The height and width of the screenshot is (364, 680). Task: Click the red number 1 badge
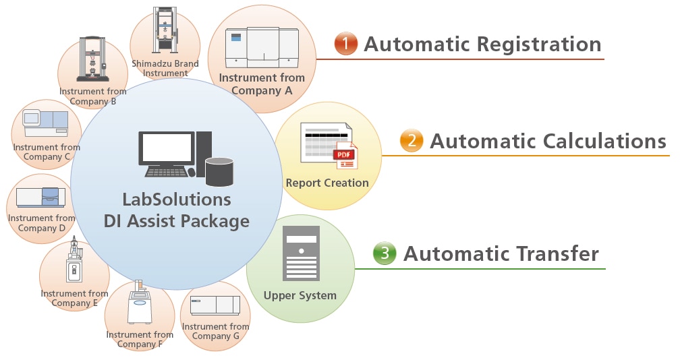[x=346, y=44]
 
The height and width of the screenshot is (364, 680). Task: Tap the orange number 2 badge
[x=411, y=141]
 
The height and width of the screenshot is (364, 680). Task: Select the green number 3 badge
[x=385, y=253]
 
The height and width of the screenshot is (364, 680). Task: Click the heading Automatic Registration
[x=482, y=44]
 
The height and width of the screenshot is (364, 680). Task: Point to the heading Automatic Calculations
[x=548, y=141]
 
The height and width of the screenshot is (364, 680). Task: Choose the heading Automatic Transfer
[x=501, y=253]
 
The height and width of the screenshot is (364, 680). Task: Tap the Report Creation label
[x=327, y=183]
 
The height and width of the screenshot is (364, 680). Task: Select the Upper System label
[x=300, y=295]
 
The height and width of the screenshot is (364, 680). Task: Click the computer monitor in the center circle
[x=165, y=148]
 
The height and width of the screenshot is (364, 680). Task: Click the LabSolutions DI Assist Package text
[x=177, y=210]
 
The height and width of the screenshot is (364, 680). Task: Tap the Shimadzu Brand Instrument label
[x=165, y=68]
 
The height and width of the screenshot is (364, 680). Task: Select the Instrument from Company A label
[x=262, y=84]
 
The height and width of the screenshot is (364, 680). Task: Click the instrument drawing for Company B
[x=92, y=61]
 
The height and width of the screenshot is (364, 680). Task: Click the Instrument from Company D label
[x=42, y=223]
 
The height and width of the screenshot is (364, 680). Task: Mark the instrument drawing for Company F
[x=140, y=304]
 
